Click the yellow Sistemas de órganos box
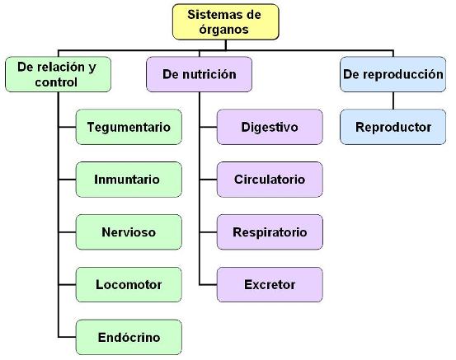226,22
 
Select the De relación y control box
59,74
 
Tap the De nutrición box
200,74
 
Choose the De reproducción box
393,74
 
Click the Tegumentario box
129,127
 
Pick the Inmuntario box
129,180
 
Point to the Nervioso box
129,232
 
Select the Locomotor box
129,285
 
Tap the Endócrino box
129,337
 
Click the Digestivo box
270,127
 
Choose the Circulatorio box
270,180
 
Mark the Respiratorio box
270,232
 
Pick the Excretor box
270,285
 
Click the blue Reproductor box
393,127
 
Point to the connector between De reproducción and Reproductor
393,101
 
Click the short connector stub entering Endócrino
67,337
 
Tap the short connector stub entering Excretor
209,285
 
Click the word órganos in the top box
224,30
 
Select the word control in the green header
56,82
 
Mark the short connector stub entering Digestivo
209,127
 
